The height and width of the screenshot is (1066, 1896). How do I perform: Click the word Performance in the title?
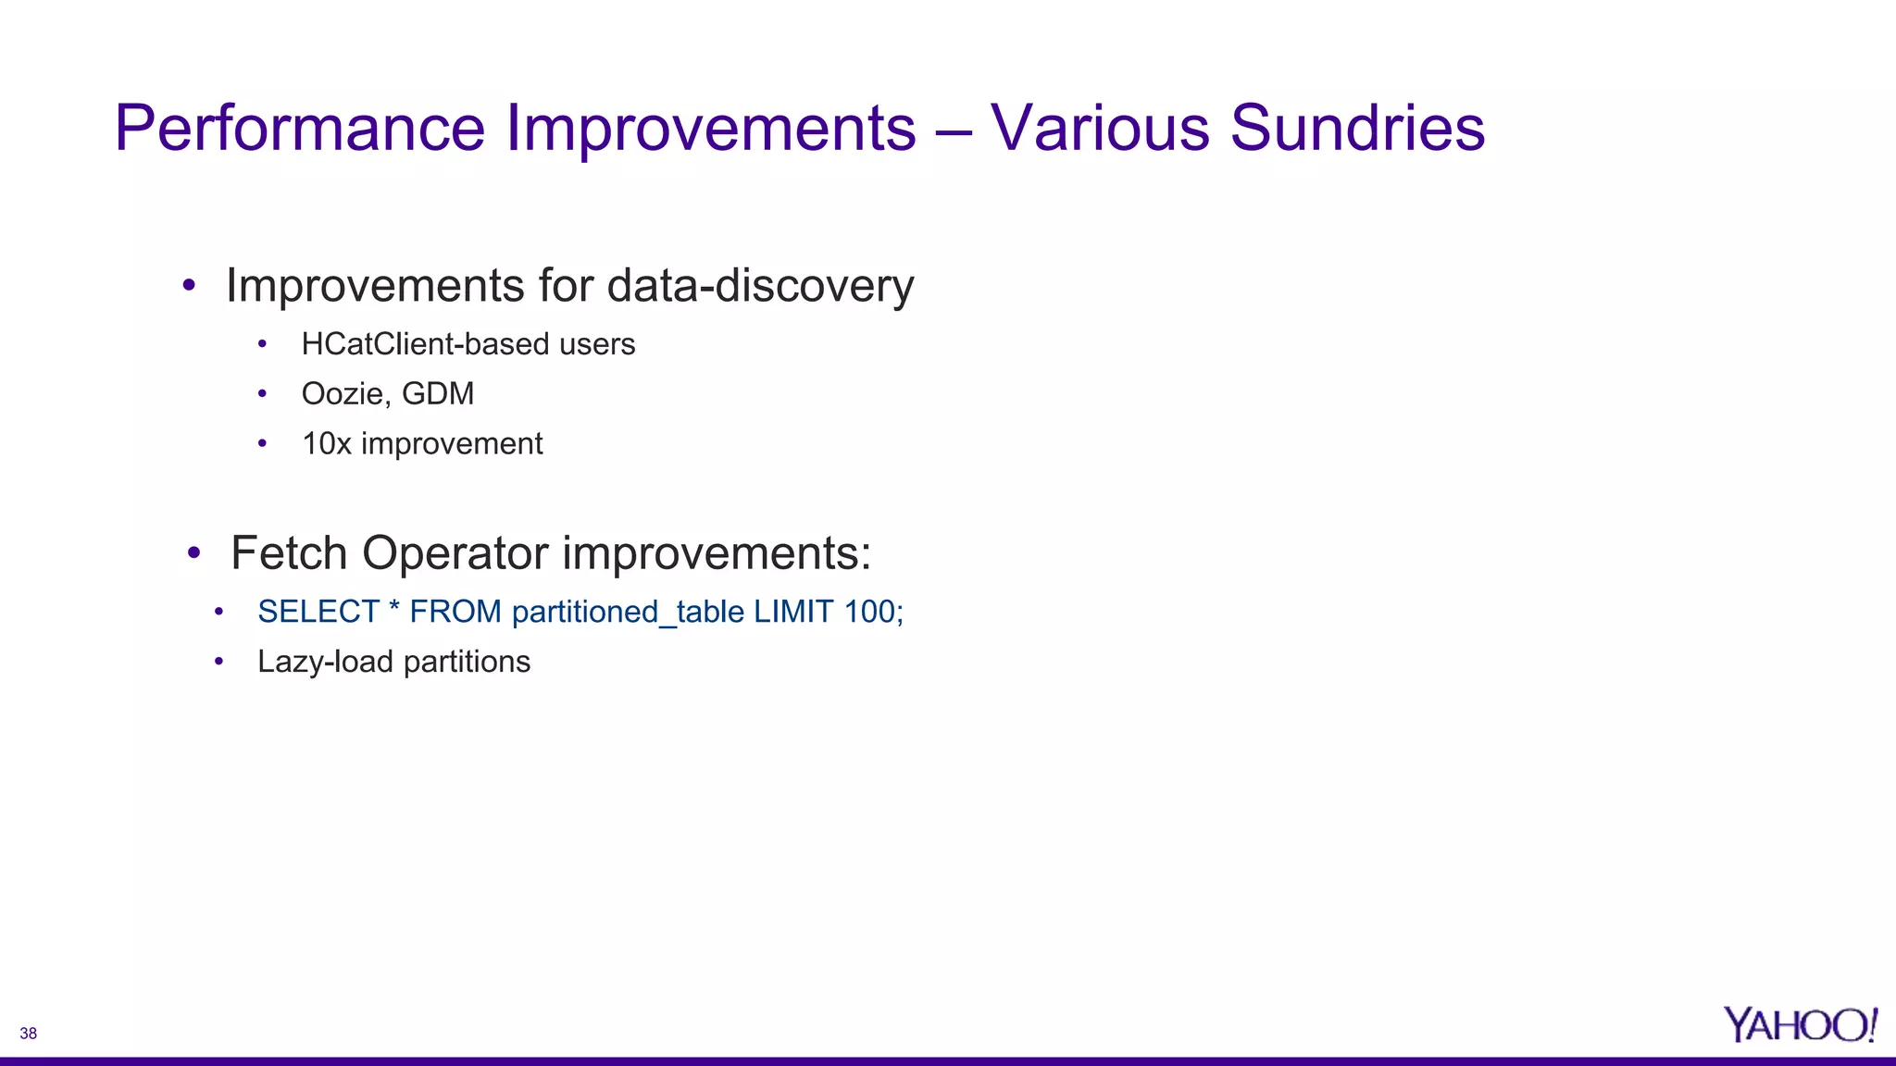(x=299, y=128)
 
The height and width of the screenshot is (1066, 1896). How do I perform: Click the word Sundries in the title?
(x=1357, y=128)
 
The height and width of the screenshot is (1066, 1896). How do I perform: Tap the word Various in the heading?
(x=1099, y=128)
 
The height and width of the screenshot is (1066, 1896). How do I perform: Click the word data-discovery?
(x=760, y=286)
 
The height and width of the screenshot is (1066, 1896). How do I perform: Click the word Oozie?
(x=342, y=394)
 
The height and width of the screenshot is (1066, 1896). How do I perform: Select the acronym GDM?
(x=438, y=394)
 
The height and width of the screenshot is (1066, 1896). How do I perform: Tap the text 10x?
(x=326, y=444)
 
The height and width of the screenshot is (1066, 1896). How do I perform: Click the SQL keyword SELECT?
(x=318, y=612)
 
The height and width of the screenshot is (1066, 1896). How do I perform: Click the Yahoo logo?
(x=1799, y=1025)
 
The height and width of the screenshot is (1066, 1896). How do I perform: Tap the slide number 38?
(x=29, y=1034)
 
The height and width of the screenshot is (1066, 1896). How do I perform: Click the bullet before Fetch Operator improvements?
(x=193, y=553)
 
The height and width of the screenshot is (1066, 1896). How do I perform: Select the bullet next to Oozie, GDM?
(x=263, y=394)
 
